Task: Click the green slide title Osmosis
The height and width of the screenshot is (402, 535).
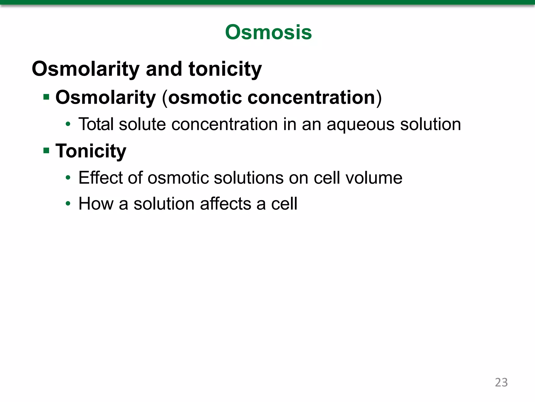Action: (x=268, y=32)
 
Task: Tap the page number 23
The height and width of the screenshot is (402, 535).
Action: (x=501, y=382)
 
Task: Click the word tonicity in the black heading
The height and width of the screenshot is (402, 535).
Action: (x=225, y=69)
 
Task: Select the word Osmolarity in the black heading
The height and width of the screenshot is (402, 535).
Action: (x=85, y=69)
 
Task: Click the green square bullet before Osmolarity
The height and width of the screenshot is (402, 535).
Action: (x=46, y=97)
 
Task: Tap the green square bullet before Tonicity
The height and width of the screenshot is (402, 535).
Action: (x=46, y=151)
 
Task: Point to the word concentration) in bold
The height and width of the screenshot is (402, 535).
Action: (x=315, y=97)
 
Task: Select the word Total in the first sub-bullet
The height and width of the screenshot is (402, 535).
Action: (x=96, y=124)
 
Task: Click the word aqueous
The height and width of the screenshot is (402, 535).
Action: (x=360, y=125)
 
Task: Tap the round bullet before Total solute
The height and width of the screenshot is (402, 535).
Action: (x=68, y=124)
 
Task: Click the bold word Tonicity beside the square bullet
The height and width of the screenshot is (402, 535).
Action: (x=91, y=151)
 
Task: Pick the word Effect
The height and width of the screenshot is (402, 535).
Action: (x=100, y=178)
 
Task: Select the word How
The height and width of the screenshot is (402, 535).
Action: (x=96, y=204)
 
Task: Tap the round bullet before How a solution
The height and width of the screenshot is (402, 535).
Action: (x=68, y=204)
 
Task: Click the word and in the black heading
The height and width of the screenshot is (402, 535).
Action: (x=164, y=69)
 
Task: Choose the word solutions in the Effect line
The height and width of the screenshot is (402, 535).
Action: (x=248, y=178)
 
